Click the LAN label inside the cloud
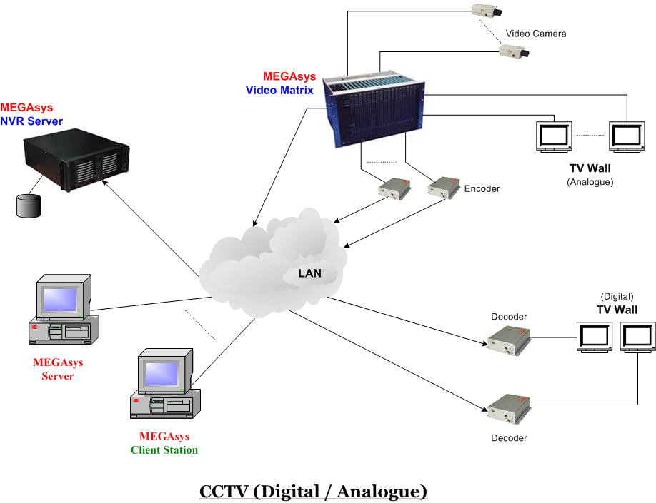pyautogui.click(x=309, y=273)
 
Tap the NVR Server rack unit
pyautogui.click(x=76, y=164)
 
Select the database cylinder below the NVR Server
pyautogui.click(x=27, y=205)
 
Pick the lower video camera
pyautogui.click(x=514, y=51)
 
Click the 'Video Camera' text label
pyautogui.click(x=535, y=34)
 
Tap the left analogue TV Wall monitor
pyautogui.click(x=555, y=136)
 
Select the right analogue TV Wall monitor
pyautogui.click(x=628, y=136)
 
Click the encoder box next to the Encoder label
pyautogui.click(x=443, y=188)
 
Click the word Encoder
pyautogui.click(x=482, y=189)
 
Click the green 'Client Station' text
pyautogui.click(x=164, y=450)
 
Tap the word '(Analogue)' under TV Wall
pyautogui.click(x=590, y=182)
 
